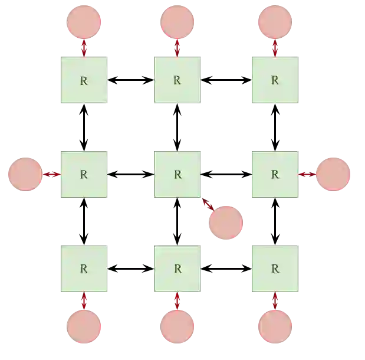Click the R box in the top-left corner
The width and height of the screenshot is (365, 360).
tap(83, 80)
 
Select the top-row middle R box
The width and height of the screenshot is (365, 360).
tap(177, 80)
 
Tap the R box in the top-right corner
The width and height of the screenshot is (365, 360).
tap(275, 80)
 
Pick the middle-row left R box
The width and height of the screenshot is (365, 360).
tap(83, 174)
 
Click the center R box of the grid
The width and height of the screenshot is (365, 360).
tap(177, 174)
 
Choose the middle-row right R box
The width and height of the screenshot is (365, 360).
tap(275, 174)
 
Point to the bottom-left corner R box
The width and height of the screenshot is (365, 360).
tap(83, 269)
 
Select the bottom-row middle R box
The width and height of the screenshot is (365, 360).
tap(177, 269)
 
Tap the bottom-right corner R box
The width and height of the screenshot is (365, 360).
tap(275, 269)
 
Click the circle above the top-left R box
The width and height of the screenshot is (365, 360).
tap(84, 22)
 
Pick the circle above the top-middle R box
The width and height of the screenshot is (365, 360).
tap(177, 22)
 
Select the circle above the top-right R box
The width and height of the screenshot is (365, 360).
tap(275, 22)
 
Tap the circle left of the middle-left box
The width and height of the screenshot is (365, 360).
tap(24, 174)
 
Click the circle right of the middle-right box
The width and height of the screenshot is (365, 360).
tap(334, 174)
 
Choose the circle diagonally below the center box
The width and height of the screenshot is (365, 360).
tap(226, 222)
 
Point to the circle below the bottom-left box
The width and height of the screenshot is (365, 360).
tap(84, 326)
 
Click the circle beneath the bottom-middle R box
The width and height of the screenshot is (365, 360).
tap(177, 326)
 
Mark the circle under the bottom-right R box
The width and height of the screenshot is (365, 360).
tap(275, 326)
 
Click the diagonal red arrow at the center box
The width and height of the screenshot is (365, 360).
tap(207, 203)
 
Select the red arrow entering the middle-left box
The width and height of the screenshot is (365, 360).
tap(51, 174)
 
